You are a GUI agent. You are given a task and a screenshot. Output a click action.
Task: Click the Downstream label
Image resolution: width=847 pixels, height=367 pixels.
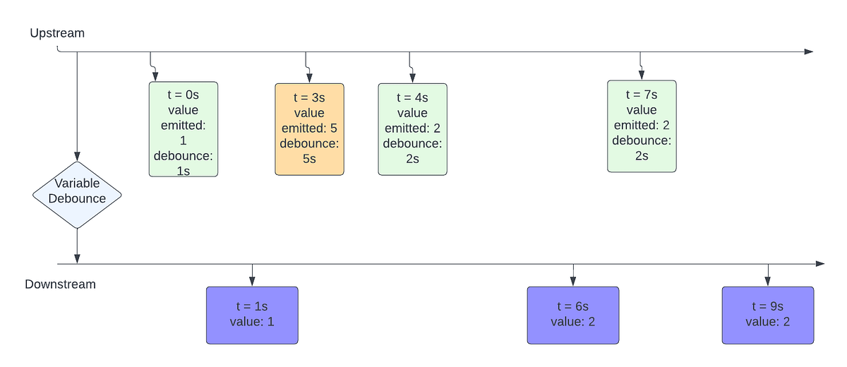(x=60, y=284)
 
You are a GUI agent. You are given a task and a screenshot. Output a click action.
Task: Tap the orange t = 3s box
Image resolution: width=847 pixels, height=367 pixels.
(x=309, y=129)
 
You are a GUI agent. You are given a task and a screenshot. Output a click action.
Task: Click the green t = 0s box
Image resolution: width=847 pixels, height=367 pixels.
(x=183, y=129)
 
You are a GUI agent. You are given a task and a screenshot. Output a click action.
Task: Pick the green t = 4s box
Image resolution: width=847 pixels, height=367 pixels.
(x=412, y=129)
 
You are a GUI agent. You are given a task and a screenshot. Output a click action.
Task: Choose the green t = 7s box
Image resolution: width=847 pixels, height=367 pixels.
(x=641, y=126)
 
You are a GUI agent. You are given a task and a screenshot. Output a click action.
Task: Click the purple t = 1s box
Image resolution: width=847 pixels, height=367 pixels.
(x=252, y=315)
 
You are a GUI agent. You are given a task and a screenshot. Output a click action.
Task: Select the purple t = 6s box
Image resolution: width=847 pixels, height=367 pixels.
(x=572, y=315)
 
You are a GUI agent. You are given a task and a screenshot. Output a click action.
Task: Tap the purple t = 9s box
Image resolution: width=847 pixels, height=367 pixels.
(x=767, y=315)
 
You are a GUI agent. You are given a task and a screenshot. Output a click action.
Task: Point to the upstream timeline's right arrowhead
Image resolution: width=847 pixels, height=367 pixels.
(x=809, y=52)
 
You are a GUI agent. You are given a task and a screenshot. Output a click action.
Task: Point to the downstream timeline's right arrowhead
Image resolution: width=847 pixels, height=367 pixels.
(x=819, y=263)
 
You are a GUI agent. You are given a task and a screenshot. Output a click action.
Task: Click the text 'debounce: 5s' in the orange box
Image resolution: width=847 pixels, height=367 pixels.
(x=309, y=151)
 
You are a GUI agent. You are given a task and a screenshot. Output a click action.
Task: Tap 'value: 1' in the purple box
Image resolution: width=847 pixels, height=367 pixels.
(x=252, y=322)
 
